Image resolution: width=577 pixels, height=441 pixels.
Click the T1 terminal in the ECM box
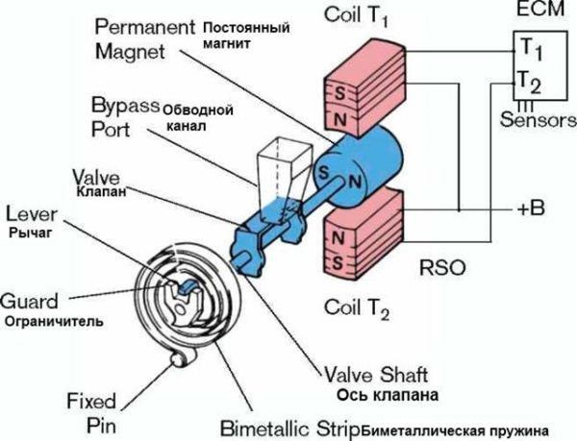point(530,45)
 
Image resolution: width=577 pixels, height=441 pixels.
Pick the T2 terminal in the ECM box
point(530,83)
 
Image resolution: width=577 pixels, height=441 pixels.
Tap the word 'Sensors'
point(539,120)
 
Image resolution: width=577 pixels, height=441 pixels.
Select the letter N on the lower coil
point(338,233)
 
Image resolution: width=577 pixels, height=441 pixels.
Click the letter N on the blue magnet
point(354,180)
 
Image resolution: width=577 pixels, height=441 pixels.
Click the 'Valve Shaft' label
point(371,374)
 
